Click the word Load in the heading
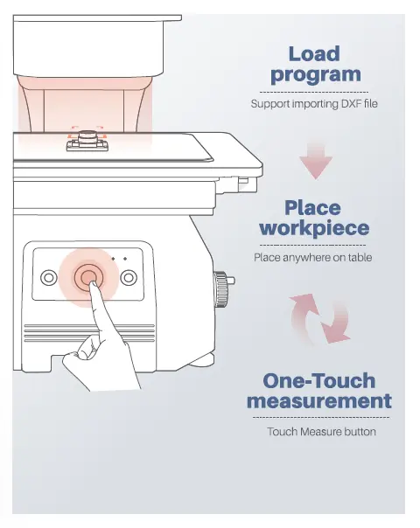point(314,54)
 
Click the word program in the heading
point(316,75)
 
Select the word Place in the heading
point(312,208)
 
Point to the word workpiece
point(314,229)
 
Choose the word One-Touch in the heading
point(318,381)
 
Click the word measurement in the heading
point(319,400)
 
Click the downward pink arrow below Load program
point(316,161)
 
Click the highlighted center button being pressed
point(88,277)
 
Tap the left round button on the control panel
point(49,278)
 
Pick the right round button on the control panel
point(129,278)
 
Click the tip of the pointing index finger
point(94,283)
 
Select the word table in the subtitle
point(360,258)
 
